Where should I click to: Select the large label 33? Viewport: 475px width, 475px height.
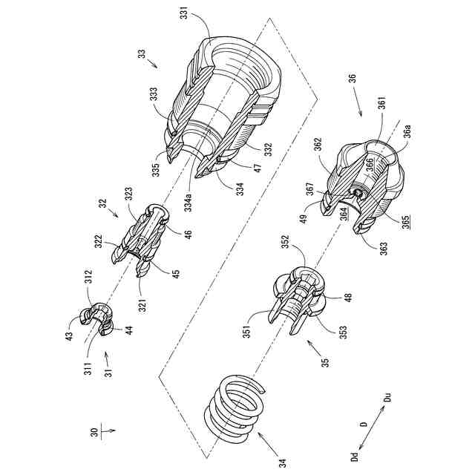coord(142,55)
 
